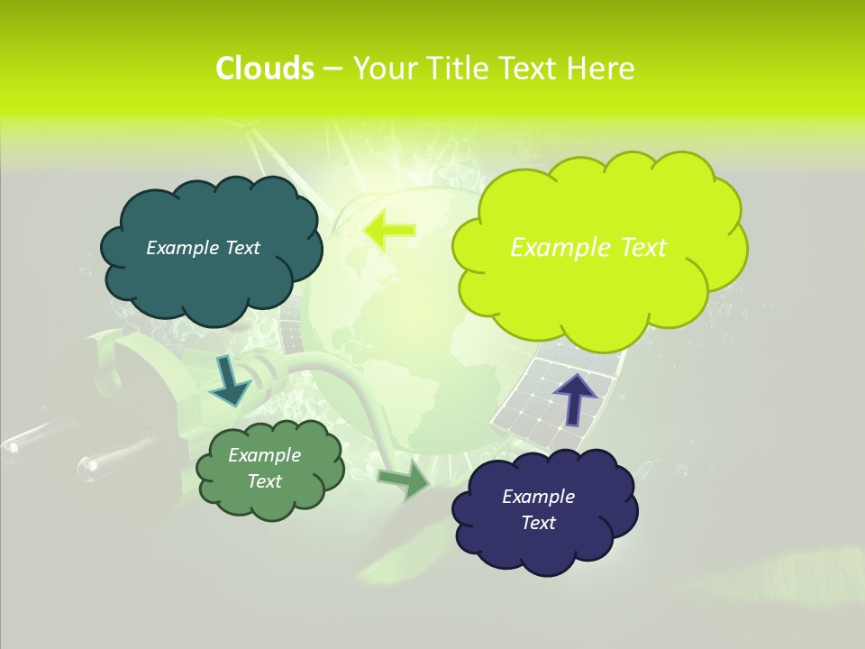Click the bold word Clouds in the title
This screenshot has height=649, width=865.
[x=264, y=69]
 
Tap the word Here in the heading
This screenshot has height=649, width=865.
[x=602, y=69]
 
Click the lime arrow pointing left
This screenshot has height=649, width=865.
[x=389, y=230]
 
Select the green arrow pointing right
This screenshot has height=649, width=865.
[x=405, y=480]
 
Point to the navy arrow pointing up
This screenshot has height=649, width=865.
[x=575, y=398]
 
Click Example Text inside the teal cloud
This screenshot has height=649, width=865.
[x=203, y=248]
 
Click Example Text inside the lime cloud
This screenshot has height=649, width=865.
[x=588, y=248]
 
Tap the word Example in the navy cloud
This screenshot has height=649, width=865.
[x=538, y=497]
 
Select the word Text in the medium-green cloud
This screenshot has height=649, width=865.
[x=264, y=481]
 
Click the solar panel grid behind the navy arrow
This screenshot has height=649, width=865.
[x=532, y=397]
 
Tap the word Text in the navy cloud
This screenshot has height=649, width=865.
[x=538, y=523]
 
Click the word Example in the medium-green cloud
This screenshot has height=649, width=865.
[x=264, y=455]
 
